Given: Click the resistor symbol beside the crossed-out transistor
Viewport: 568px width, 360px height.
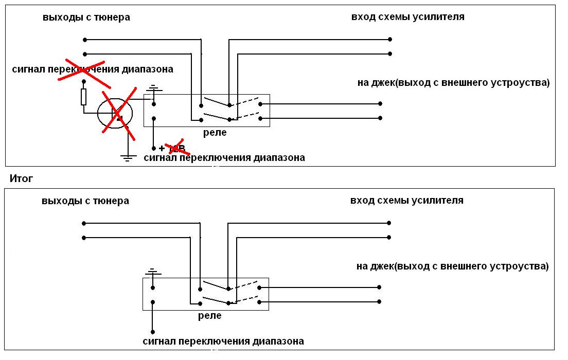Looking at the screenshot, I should (83, 96).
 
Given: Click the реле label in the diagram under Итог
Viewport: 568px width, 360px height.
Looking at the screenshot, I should (210, 316).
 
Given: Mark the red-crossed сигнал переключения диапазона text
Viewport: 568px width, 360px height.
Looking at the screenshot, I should (93, 69).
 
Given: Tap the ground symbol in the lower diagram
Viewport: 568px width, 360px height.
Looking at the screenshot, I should (152, 272).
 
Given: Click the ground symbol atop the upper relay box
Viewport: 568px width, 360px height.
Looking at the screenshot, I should (153, 89).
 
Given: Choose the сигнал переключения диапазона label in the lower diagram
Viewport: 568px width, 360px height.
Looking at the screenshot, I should (223, 341).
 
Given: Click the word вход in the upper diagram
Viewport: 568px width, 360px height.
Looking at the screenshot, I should (363, 17).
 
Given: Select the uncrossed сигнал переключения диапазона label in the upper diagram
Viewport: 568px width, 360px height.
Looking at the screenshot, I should (224, 157).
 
